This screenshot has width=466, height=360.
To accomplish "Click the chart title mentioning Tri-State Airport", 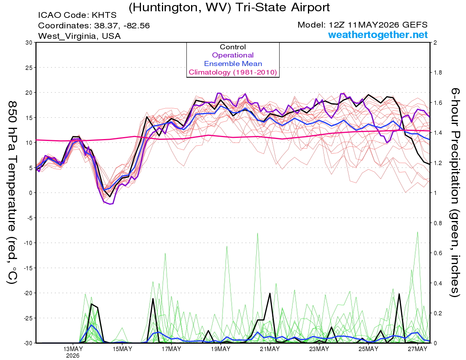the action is click(x=229, y=8).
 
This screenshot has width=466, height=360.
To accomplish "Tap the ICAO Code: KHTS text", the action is click(x=77, y=15).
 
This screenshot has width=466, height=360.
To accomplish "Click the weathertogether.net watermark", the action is click(x=378, y=35).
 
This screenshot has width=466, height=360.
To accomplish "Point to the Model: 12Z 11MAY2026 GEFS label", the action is click(x=362, y=25).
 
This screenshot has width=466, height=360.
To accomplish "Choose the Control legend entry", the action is click(x=233, y=47).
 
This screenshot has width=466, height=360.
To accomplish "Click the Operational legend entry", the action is click(x=233, y=55).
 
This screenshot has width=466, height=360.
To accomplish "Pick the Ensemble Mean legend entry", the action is click(x=233, y=64).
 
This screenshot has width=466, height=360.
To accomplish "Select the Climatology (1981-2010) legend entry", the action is click(x=233, y=72).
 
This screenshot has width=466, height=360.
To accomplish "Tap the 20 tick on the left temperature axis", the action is click(x=29, y=93).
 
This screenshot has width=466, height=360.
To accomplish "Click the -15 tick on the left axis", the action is click(x=28, y=268).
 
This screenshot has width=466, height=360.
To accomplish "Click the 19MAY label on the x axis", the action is click(x=221, y=349).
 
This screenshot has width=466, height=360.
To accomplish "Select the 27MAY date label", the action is click(x=417, y=349).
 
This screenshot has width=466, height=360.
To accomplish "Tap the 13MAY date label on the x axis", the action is click(x=73, y=349).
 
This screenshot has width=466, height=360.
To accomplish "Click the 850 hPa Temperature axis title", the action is click(x=12, y=193).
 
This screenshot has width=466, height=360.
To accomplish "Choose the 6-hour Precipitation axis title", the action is click(x=454, y=192).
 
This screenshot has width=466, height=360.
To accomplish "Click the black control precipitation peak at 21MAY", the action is click(x=270, y=294).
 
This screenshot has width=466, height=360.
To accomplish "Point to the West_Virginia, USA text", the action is click(x=79, y=36).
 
